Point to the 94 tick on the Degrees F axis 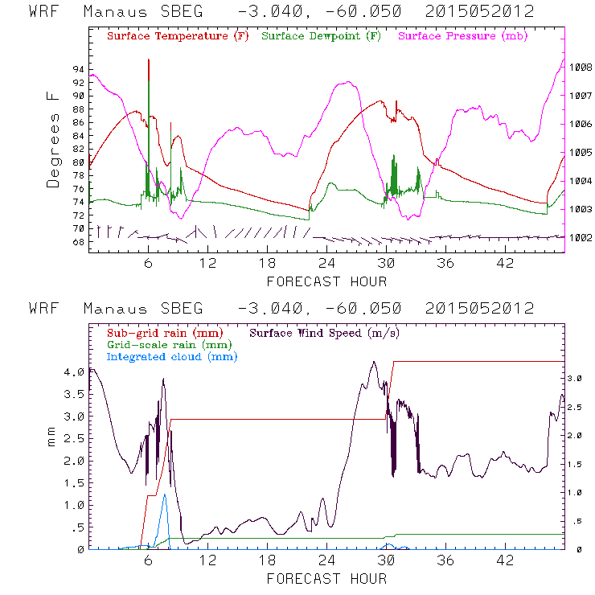[77, 69]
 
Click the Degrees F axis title [54, 139]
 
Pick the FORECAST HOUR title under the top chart [326, 281]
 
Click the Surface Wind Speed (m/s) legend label [324, 332]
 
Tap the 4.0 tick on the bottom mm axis [74, 372]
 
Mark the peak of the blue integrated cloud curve [165, 494]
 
